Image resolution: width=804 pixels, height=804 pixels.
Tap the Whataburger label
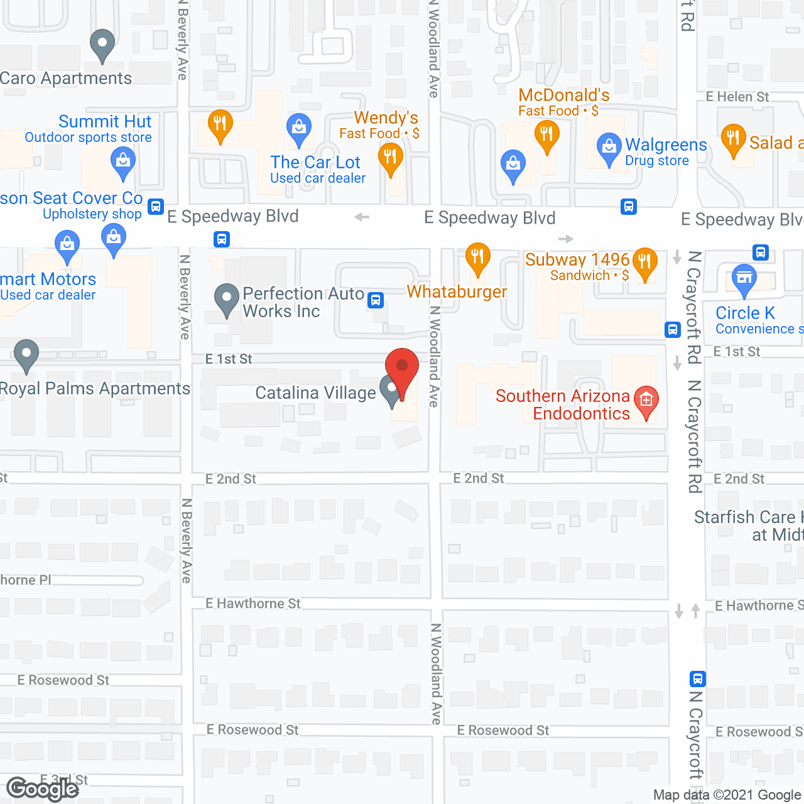point(457,292)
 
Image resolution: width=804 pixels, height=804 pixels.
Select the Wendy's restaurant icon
point(390,158)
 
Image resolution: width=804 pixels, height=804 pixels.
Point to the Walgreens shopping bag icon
point(608,148)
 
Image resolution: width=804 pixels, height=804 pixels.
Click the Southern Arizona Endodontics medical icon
point(646,401)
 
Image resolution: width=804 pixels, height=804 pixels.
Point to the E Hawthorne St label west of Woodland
point(253,604)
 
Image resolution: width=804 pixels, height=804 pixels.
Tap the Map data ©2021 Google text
point(727,795)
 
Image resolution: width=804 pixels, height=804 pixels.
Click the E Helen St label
point(737,97)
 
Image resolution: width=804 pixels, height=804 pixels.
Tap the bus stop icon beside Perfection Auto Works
point(376,300)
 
